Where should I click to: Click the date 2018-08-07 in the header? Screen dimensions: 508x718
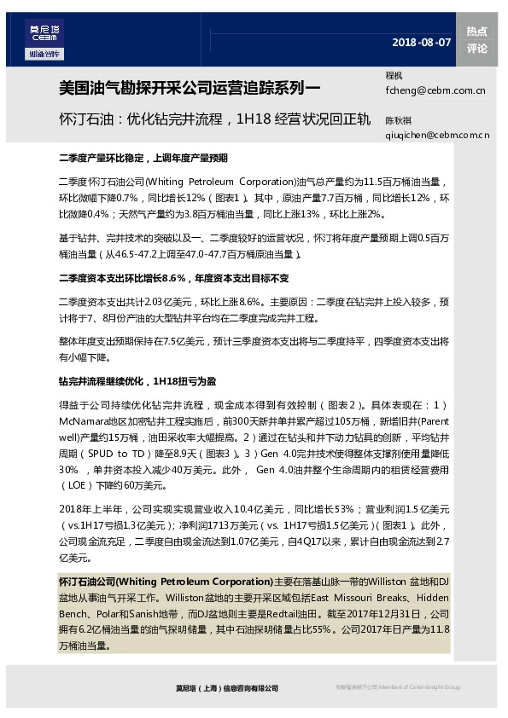[421, 42]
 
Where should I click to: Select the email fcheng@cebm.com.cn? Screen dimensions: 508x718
[435, 89]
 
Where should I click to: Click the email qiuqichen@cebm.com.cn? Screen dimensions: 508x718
[437, 134]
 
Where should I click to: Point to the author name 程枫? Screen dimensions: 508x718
[394, 76]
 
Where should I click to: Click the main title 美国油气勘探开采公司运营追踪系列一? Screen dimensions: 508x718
[190, 87]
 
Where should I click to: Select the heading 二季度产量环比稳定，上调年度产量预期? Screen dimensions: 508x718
[143, 159]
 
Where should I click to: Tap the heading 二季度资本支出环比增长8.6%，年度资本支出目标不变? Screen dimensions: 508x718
[173, 278]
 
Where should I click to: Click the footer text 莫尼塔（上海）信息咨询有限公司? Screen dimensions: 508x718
[221, 687]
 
